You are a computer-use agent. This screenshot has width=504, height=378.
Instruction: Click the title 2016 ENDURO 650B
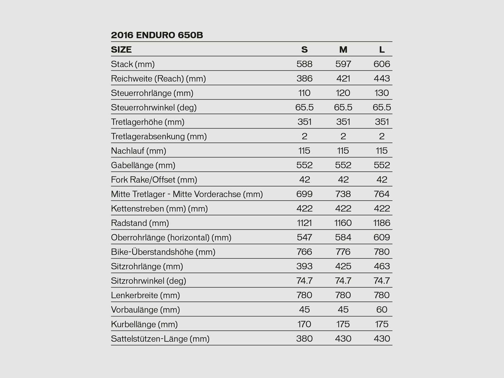(157, 35)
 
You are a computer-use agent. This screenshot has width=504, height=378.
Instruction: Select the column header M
(343, 49)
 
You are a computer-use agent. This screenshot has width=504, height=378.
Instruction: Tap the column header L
(382, 49)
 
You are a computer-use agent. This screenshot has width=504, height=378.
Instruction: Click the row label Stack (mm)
(133, 64)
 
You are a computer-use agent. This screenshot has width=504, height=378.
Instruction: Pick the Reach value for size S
(304, 78)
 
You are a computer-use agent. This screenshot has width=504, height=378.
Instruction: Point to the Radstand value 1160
(343, 223)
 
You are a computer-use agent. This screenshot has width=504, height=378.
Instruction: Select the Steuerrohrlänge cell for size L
(382, 93)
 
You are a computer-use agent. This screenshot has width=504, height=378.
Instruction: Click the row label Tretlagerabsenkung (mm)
(159, 136)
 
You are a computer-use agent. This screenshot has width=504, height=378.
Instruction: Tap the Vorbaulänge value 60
(382, 310)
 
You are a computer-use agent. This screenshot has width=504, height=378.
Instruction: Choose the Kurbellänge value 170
(304, 324)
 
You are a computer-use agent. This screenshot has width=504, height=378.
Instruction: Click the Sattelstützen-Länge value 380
(304, 339)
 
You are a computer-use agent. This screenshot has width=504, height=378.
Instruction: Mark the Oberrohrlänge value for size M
(343, 238)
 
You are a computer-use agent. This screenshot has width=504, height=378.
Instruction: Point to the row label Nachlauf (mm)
(138, 151)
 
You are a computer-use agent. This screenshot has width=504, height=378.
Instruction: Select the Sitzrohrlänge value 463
(382, 266)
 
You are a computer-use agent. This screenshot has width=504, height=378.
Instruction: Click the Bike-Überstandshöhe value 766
(304, 252)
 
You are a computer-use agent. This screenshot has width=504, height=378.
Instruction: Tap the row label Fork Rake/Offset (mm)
(154, 180)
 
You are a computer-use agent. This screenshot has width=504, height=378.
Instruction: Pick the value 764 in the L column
(382, 194)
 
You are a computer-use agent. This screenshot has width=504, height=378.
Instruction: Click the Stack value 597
(343, 64)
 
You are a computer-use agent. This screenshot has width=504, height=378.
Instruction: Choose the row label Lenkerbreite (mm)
(145, 295)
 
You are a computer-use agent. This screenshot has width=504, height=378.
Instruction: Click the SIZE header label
(121, 49)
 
